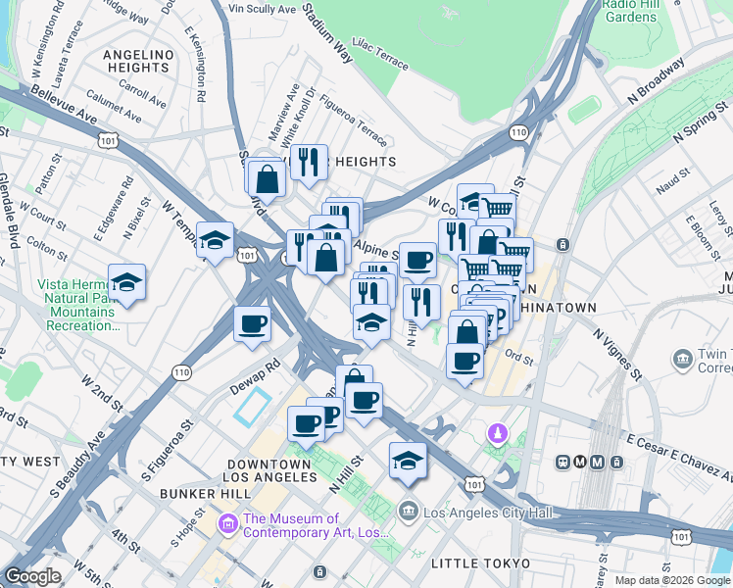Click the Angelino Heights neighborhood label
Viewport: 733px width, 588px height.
138,61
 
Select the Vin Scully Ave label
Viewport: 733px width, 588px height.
262,8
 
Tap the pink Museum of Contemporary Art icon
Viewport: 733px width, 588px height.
228,525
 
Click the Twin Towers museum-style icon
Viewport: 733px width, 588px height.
681,360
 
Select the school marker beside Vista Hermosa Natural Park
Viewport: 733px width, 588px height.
126,282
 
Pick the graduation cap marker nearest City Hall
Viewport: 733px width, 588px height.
408,461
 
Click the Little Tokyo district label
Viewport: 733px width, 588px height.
480,563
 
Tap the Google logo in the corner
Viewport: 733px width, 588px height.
32,576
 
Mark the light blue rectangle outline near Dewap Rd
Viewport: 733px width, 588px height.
253,406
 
